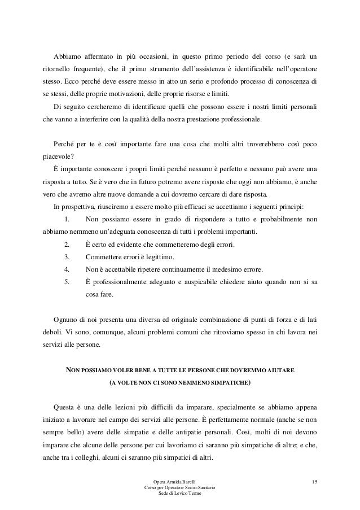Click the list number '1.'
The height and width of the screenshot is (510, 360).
click(67, 220)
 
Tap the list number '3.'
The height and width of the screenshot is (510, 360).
click(67, 256)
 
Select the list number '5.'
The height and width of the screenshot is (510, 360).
click(67, 281)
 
